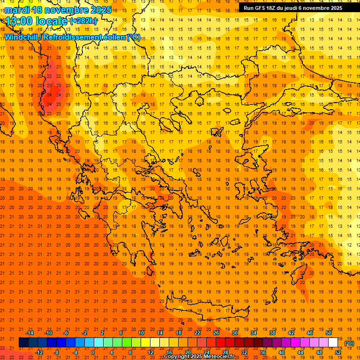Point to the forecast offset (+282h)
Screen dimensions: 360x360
pos(83,21)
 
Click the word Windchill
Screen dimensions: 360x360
pos(22,37)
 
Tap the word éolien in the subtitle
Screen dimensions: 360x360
pos(115,37)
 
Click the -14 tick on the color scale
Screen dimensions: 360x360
pos(30,333)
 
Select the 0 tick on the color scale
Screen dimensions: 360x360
pos(93,352)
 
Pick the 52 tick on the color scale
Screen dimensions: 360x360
pos(337,352)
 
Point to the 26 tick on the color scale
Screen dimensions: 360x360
pos(216,333)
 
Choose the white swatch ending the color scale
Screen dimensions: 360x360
pos(333,343)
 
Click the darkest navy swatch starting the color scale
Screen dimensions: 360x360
pos(23,343)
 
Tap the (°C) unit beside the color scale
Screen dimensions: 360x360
pos(349,343)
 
